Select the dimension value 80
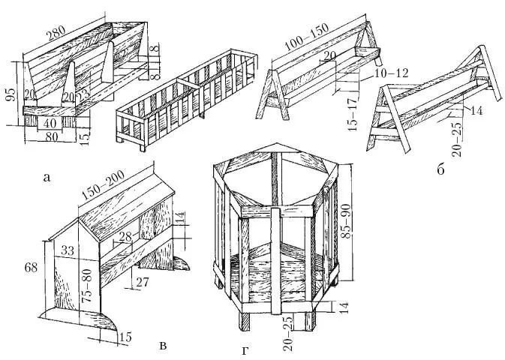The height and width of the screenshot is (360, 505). point(50,137)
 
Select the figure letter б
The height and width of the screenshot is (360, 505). point(439,169)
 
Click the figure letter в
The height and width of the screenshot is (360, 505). point(163,346)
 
